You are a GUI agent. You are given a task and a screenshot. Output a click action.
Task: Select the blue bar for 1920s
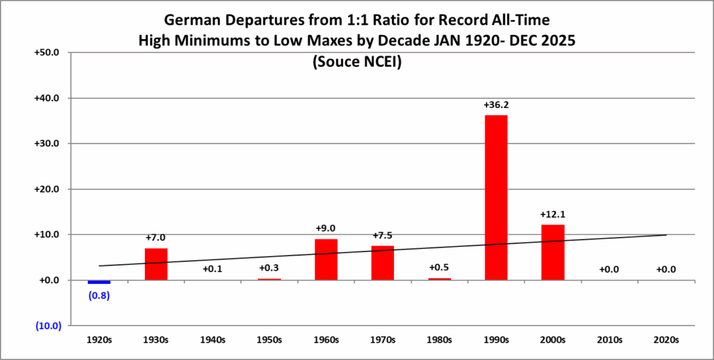click(x=99, y=282)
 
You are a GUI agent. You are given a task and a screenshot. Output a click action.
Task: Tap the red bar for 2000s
click(x=553, y=252)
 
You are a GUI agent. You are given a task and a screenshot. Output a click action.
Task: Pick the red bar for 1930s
click(x=155, y=264)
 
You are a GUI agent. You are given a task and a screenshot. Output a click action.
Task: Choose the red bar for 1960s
click(x=326, y=260)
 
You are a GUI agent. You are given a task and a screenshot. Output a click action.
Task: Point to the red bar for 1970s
click(x=383, y=262)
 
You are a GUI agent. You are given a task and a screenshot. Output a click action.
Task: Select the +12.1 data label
click(x=553, y=214)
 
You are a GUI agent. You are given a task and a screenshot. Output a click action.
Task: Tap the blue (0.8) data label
click(x=99, y=294)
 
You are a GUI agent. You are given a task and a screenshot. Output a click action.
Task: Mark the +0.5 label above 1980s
click(x=439, y=268)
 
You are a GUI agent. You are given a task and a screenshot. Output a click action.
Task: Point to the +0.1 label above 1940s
click(x=213, y=269)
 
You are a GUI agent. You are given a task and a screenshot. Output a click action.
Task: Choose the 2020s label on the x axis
click(x=667, y=340)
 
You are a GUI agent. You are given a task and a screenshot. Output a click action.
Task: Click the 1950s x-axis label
click(x=269, y=340)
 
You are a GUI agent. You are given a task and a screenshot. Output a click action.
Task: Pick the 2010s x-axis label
click(x=609, y=340)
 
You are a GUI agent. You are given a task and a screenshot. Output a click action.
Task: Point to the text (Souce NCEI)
click(x=356, y=62)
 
